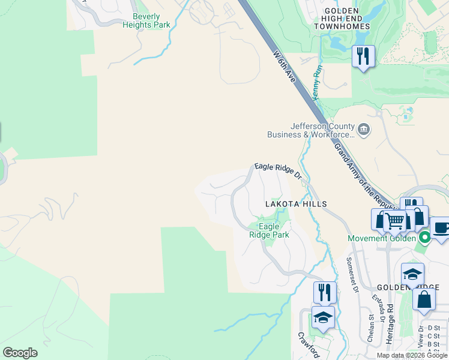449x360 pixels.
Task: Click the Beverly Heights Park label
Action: [x=146, y=20]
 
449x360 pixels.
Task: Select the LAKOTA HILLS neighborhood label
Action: [x=296, y=204]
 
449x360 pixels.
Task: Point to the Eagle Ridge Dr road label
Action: [x=277, y=170]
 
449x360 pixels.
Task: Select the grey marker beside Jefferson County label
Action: [x=364, y=130]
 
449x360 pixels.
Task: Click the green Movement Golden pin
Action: [x=425, y=238]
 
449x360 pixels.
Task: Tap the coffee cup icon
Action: [x=441, y=227]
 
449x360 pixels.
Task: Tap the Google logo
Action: [x=20, y=353]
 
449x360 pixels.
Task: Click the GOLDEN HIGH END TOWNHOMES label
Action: [x=349, y=19]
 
